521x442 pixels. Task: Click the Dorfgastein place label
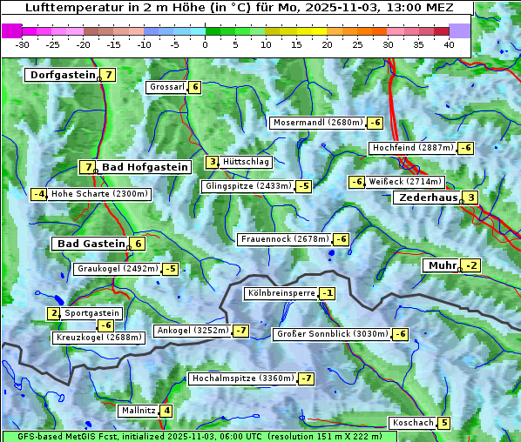(x=62, y=75)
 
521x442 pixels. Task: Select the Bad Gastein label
(x=91, y=244)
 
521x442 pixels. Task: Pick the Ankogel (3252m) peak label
(x=192, y=331)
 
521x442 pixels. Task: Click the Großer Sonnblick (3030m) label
(x=331, y=334)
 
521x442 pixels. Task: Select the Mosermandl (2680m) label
(x=317, y=123)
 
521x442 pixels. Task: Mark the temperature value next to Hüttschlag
(x=212, y=162)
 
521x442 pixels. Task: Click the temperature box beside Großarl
(x=195, y=87)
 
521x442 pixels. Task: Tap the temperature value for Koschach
(x=444, y=423)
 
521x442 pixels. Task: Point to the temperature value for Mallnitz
(x=166, y=411)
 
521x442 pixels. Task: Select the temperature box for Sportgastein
(x=54, y=313)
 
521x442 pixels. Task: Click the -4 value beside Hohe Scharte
(x=38, y=194)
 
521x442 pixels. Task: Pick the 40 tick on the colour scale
(x=449, y=44)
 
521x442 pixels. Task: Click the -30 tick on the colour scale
(x=23, y=44)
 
